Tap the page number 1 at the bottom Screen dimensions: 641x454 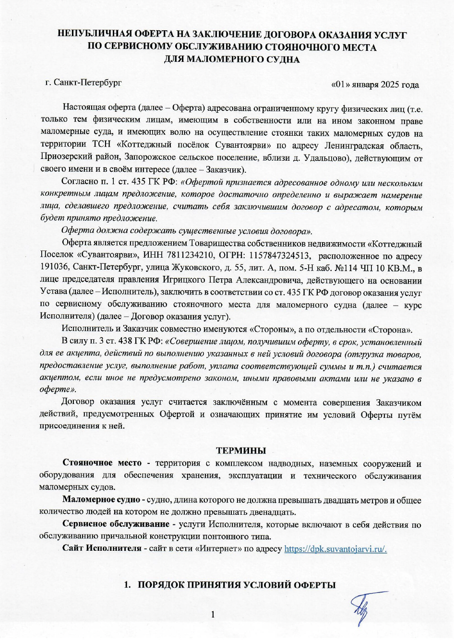(213, 615)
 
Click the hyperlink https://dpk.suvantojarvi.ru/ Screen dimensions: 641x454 (335, 549)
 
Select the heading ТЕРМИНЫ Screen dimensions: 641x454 (241, 451)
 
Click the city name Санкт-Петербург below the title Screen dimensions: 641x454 (87, 83)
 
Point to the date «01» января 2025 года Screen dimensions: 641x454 (375, 85)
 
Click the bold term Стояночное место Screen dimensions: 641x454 (102, 463)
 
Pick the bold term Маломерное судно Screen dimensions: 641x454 (101, 500)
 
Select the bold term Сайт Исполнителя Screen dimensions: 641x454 (102, 548)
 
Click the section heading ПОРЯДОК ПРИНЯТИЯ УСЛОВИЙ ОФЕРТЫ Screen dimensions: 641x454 (236, 585)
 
